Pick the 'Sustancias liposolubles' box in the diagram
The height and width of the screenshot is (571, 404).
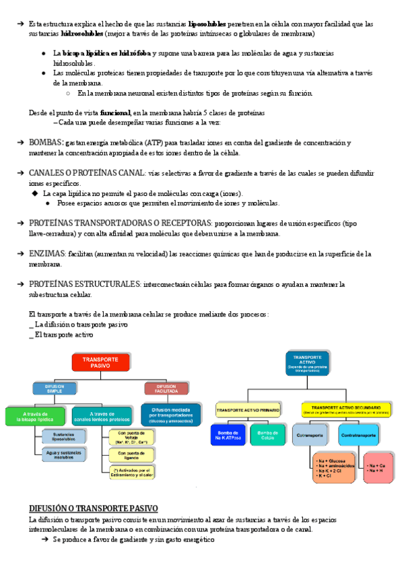pyautogui.click(x=63, y=436)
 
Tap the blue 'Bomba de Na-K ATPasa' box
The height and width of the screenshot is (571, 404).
pyautogui.click(x=228, y=434)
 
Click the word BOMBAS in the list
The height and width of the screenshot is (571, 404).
pyautogui.click(x=46, y=143)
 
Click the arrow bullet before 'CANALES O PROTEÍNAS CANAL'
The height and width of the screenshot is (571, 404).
pyautogui.click(x=20, y=173)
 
